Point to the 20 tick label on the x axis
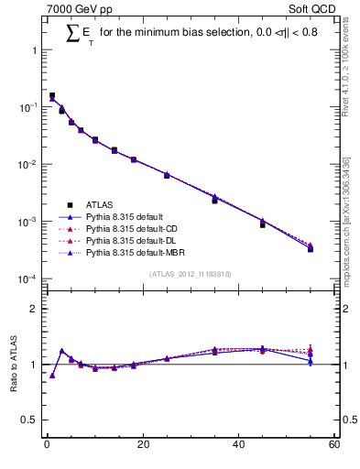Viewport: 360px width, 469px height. tap(142, 445)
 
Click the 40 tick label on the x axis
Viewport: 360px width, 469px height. tap(238, 445)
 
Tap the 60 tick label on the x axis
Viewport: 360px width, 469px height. tap(333, 445)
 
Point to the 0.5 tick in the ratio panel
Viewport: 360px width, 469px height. tap(29, 420)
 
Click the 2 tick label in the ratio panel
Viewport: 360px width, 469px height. tap(35, 309)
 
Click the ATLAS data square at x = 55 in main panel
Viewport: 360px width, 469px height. tap(311, 248)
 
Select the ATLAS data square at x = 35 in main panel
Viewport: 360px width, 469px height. tap(214, 200)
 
